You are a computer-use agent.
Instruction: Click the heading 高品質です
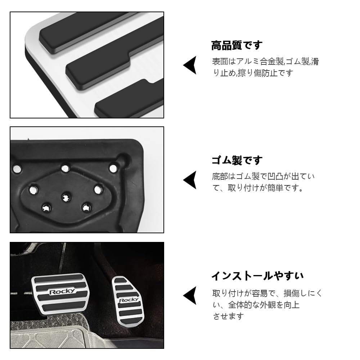(237, 46)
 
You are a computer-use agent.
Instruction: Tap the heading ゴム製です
(237, 161)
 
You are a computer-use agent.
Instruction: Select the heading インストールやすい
(257, 276)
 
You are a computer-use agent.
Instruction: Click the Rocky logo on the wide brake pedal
(62, 291)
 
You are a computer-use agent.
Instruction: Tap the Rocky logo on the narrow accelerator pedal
(129, 300)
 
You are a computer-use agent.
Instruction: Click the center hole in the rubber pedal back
(65, 197)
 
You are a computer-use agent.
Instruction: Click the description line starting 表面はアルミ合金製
(265, 62)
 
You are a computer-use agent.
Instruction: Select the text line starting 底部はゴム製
(263, 176)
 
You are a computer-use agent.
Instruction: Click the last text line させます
(228, 316)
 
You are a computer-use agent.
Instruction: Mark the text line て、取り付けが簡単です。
(258, 188)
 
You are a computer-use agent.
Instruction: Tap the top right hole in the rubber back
(113, 168)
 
